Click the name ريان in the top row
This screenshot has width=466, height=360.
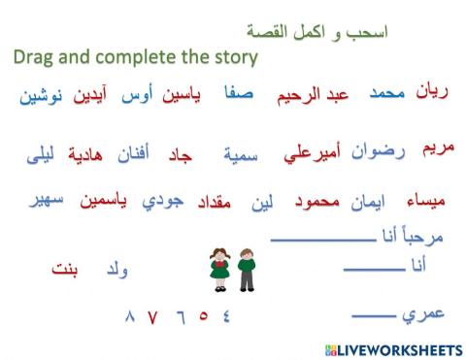pos(433,93)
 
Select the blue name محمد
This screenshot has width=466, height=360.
pos(387,94)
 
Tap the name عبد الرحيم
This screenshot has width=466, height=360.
pos(324,96)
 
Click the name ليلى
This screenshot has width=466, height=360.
pos(40,154)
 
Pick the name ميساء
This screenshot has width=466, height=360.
pos(428,203)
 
